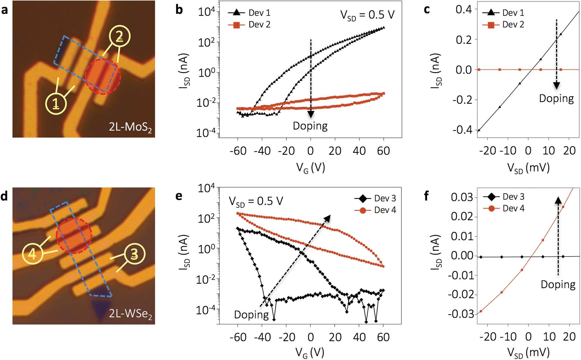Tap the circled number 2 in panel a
(x=119, y=37)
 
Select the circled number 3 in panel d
(x=134, y=254)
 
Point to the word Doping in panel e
(x=251, y=315)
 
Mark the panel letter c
(x=427, y=10)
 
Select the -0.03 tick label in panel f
(x=460, y=314)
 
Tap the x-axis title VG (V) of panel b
(x=310, y=168)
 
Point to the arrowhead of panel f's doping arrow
(x=558, y=201)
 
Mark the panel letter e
(x=179, y=196)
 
